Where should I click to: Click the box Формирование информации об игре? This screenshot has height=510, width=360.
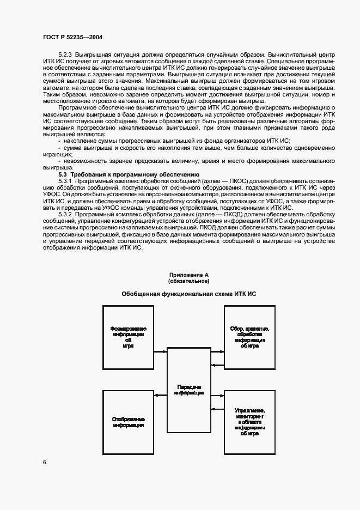[128, 337]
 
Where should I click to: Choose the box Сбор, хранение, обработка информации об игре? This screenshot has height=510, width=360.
[250, 337]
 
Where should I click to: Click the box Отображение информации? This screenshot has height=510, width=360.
[128, 422]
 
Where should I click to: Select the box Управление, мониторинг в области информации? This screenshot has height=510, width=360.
[250, 422]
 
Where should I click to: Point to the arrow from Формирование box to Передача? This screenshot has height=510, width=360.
[160, 351]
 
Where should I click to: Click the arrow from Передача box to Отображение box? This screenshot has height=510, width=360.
[160, 396]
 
